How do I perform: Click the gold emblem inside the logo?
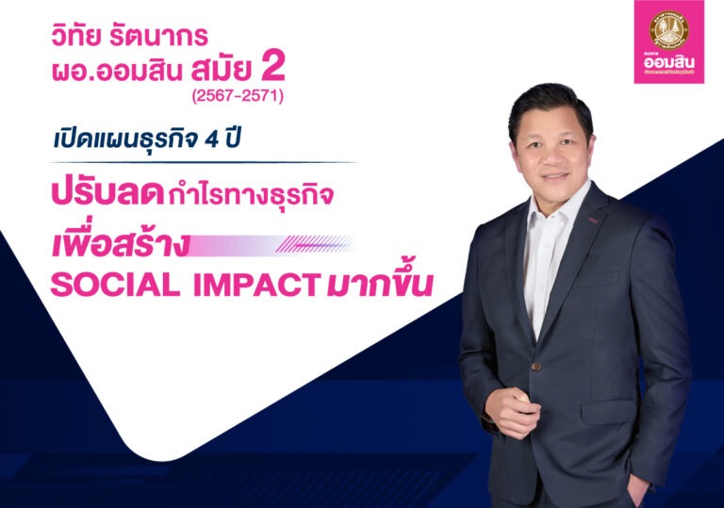pos(668,29)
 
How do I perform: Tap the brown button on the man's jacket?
pos(536,366)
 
